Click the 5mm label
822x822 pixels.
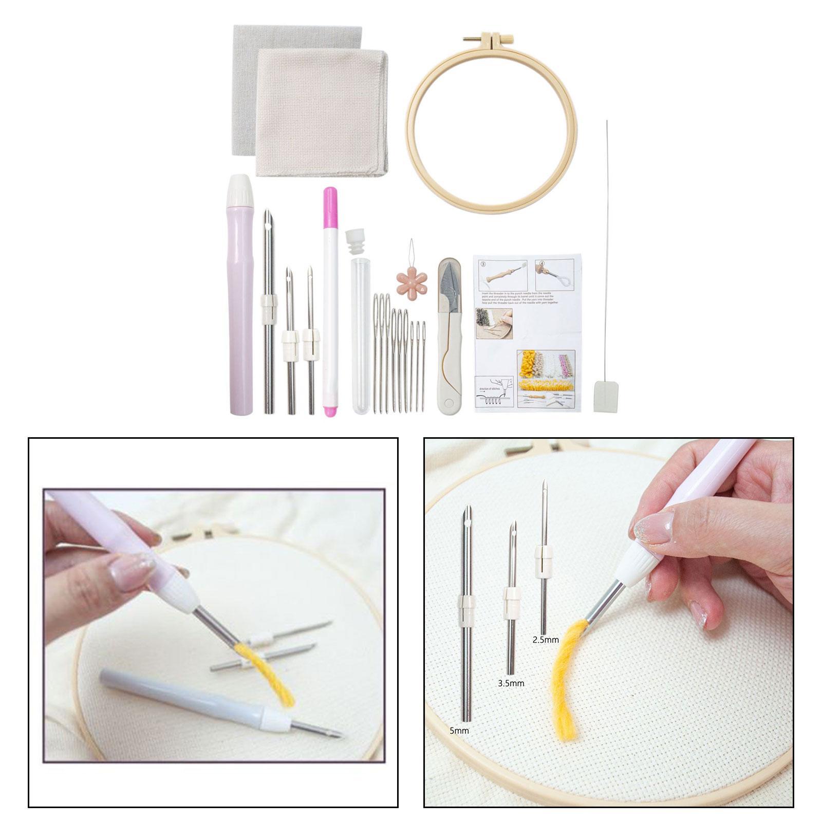[x=459, y=731]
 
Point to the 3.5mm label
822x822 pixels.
[x=511, y=683]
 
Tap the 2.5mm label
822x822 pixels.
[x=545, y=640]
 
